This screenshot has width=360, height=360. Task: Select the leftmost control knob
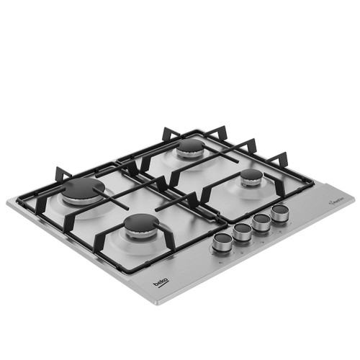pyautogui.click(x=222, y=243)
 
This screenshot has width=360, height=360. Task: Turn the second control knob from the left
pyautogui.click(x=242, y=232)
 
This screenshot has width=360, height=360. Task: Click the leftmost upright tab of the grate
pyautogui.click(x=60, y=175)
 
